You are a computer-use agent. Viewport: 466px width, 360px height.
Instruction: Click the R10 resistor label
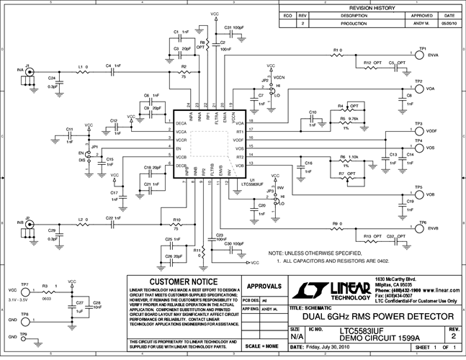176,220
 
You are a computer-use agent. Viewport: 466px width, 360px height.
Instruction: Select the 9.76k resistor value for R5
354,119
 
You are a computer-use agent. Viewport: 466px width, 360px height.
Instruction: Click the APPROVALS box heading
264,285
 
